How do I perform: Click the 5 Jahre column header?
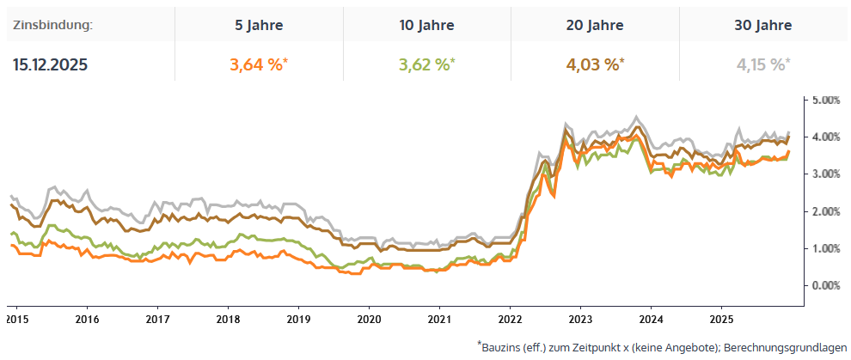(x=259, y=25)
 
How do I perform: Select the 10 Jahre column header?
(x=427, y=25)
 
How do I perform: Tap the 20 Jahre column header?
(x=596, y=25)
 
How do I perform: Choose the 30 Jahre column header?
(x=763, y=25)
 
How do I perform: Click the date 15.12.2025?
(x=50, y=64)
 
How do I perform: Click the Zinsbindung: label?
(x=52, y=25)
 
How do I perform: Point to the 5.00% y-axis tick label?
(x=826, y=100)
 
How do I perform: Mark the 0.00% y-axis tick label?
(x=826, y=285)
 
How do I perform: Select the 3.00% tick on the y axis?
(x=826, y=174)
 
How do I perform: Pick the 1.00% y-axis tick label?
(x=826, y=248)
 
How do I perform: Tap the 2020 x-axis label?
(x=369, y=318)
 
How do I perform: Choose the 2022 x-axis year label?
(x=510, y=318)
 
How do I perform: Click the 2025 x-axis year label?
(x=721, y=318)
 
